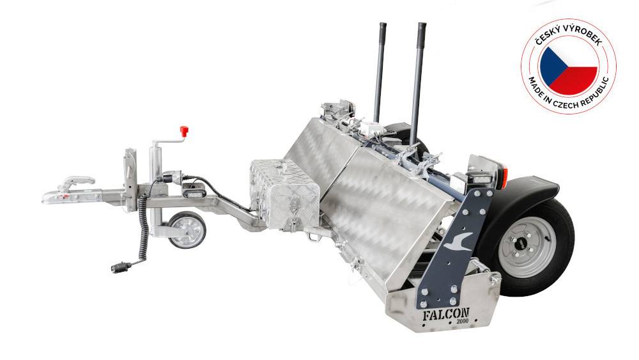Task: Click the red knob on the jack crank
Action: (x=184, y=131)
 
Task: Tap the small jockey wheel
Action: (x=187, y=230)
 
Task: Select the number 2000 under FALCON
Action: (x=462, y=321)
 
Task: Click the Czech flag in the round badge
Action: (x=569, y=67)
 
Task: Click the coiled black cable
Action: (x=143, y=226)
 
